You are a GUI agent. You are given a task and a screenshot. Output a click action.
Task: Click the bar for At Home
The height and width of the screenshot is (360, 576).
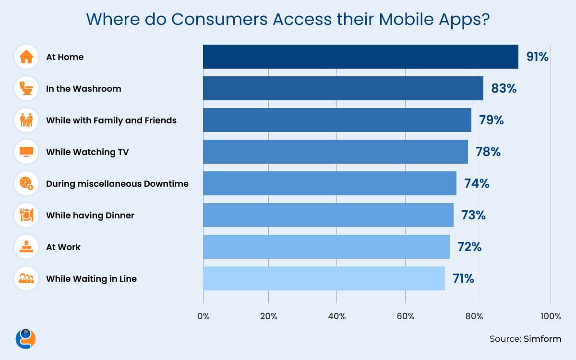360,57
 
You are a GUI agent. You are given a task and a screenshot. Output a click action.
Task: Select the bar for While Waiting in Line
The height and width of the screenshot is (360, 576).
324,278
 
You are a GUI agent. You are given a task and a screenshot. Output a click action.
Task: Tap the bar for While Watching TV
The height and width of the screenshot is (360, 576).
335,152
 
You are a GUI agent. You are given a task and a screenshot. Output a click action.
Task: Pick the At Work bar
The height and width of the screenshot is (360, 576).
326,247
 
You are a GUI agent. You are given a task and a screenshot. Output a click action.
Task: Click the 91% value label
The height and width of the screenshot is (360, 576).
537,57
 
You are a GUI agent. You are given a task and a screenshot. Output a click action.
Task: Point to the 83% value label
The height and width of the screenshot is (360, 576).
504,88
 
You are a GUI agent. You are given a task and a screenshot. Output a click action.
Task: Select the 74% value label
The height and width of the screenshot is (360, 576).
476,183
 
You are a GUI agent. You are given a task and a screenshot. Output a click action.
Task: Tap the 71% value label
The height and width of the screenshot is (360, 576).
463,278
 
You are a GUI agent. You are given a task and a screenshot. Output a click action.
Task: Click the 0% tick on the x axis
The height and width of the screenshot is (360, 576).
204,316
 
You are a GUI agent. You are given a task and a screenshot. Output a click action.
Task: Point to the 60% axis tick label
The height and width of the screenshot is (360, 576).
406,316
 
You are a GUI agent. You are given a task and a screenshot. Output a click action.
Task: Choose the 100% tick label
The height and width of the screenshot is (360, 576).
550,316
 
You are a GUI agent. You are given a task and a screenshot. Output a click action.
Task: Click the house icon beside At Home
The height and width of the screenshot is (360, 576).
26,57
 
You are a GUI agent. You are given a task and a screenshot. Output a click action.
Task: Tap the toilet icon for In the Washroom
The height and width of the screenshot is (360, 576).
26,88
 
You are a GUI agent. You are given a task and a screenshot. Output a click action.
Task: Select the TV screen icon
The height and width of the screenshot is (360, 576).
26,152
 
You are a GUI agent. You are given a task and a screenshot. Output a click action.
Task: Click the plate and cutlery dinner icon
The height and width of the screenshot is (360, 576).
26,215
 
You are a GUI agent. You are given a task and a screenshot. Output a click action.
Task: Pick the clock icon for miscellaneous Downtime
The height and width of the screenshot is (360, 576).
26,183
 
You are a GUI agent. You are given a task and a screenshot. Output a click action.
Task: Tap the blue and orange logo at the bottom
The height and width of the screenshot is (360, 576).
26,338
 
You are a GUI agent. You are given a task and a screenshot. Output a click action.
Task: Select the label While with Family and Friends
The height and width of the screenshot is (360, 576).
111,120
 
